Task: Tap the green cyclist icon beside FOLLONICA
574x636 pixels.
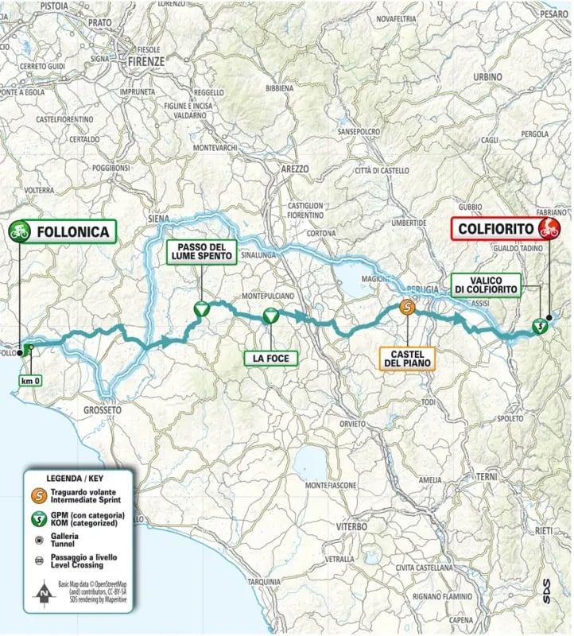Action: [x=19, y=231]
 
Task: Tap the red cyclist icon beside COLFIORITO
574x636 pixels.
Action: [x=548, y=230]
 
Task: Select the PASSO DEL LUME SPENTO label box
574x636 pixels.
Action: [x=200, y=252]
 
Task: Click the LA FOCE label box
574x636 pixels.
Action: [x=270, y=359]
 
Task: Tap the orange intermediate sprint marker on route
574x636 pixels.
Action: [x=406, y=308]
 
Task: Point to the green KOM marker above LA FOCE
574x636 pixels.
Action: [x=270, y=316]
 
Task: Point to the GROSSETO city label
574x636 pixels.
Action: [x=102, y=410]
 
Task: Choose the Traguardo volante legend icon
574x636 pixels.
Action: [x=39, y=495]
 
